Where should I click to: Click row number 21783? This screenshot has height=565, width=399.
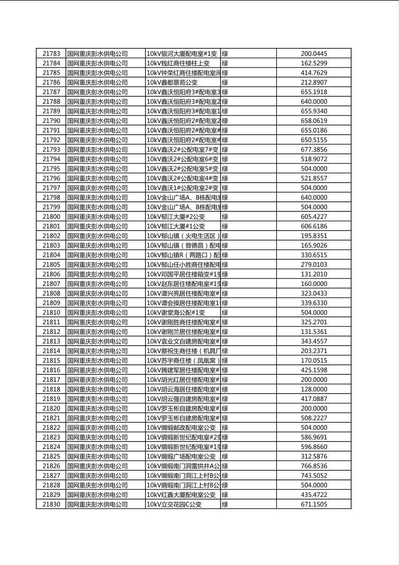coord(51,54)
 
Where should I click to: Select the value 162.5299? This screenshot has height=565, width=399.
coord(314,63)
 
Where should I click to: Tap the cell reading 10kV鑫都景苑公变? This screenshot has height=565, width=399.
coord(172,82)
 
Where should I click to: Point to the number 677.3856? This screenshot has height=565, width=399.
coord(314,150)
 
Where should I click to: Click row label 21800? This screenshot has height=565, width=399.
coord(51,217)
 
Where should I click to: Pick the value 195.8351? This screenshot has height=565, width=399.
coord(314,236)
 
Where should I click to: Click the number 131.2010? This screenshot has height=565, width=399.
coord(314,274)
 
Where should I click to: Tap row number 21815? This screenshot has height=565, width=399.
coord(51,360)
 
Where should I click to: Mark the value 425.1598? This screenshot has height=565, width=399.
coord(314,370)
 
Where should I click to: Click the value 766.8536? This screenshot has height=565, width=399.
coord(314,466)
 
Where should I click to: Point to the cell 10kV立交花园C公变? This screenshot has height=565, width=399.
coord(174,504)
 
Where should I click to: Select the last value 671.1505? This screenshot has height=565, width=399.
coord(314,504)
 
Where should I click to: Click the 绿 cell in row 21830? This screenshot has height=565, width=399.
coord(225,504)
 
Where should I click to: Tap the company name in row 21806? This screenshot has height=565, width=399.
coord(98,274)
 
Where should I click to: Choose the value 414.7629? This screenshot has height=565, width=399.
coord(314,73)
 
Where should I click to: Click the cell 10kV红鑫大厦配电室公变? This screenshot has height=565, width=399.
coord(181,495)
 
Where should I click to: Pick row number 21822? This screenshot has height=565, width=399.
coord(51,428)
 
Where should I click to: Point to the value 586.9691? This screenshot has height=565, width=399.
coord(314,437)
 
